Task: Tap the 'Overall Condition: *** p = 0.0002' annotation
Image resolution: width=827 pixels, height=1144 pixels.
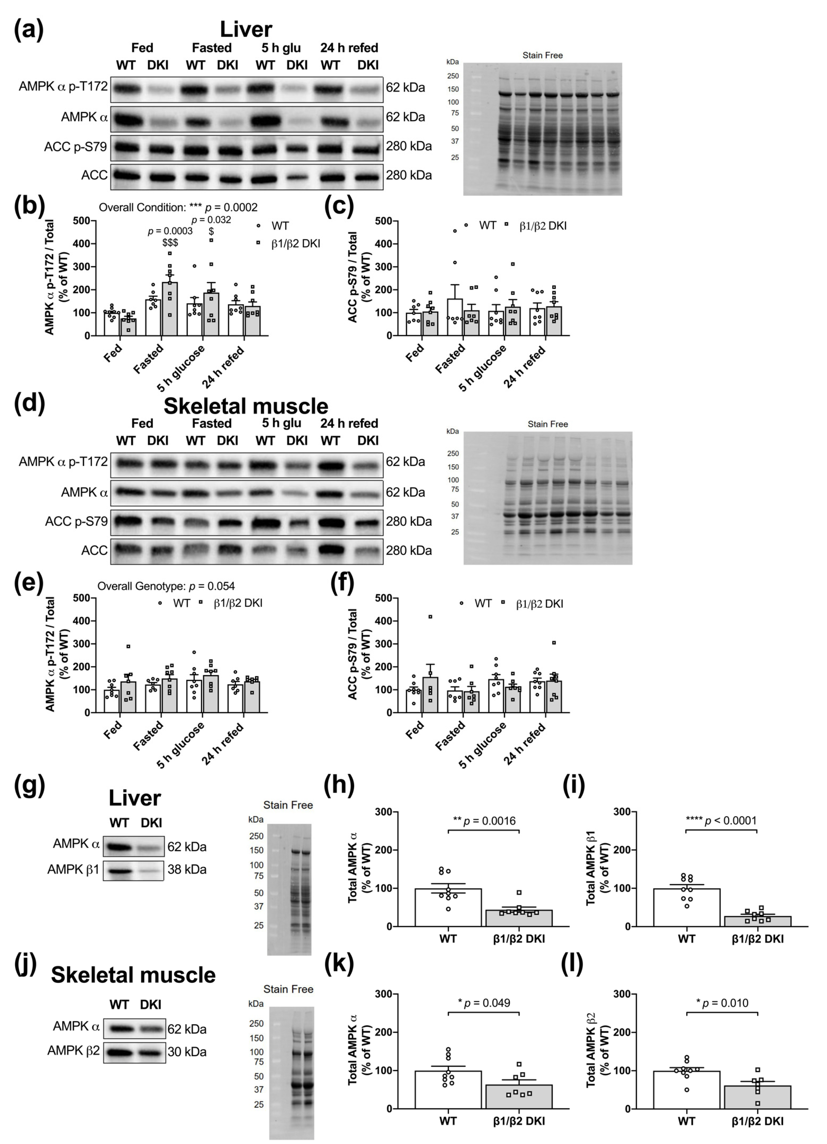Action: tap(178, 207)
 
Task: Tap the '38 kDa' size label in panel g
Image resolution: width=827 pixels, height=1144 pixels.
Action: tap(187, 870)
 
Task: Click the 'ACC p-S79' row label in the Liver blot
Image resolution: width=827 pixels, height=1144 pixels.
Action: tap(76, 147)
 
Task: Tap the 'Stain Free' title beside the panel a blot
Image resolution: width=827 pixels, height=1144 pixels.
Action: tap(543, 55)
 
